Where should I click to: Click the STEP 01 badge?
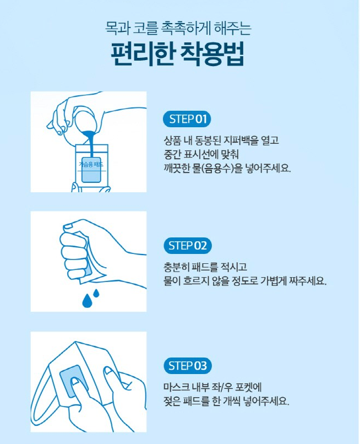(187, 119)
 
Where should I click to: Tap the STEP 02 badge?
(187, 246)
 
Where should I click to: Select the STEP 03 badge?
(187, 366)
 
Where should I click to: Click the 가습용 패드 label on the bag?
(91, 165)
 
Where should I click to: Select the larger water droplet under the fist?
(87, 300)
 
